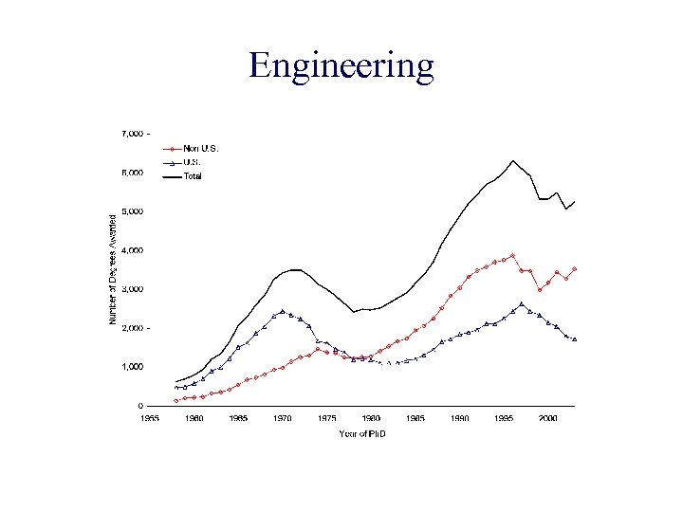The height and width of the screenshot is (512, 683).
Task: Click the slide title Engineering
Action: pos(341,65)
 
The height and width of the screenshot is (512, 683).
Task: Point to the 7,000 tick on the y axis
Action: pos(132,134)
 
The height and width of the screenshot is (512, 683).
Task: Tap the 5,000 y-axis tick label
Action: pos(132,211)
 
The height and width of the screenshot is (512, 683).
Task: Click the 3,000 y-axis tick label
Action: pos(132,288)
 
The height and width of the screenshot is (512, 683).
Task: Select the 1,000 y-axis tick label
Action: pos(132,366)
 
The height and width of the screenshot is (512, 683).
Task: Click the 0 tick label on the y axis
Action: pos(140,405)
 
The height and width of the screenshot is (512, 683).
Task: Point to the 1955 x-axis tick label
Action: pos(150,417)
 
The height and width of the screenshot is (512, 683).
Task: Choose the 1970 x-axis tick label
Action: pos(283,417)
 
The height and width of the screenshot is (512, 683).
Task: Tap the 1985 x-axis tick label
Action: pos(415,417)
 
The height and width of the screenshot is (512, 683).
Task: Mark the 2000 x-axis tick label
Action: pos(548,417)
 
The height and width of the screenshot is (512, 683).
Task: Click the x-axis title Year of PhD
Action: pos(370,434)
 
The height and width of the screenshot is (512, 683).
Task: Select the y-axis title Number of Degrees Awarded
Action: pos(112,269)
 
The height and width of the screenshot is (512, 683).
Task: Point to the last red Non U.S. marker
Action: pos(575,269)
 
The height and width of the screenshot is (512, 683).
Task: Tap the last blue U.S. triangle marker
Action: pos(575,338)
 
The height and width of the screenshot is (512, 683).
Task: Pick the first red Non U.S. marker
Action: pos(176,400)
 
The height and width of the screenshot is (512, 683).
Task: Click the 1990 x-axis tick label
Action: pos(460,417)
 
